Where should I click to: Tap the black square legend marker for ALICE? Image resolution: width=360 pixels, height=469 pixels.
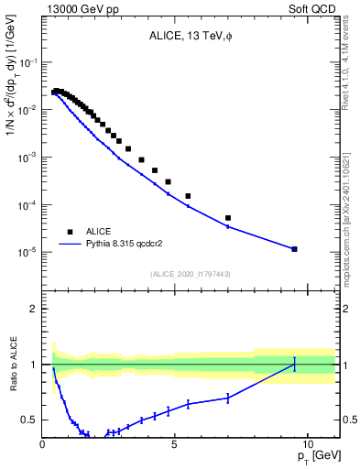(x=70, y=232)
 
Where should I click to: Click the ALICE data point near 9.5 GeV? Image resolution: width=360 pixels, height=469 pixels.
(x=294, y=249)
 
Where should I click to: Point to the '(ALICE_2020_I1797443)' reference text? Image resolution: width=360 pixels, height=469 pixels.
(x=190, y=274)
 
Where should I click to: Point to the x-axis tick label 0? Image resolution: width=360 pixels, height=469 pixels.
(x=43, y=442)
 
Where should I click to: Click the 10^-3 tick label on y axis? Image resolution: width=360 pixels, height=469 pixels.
(x=27, y=158)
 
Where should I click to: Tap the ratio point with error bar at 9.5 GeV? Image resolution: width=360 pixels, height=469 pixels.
(x=294, y=365)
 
